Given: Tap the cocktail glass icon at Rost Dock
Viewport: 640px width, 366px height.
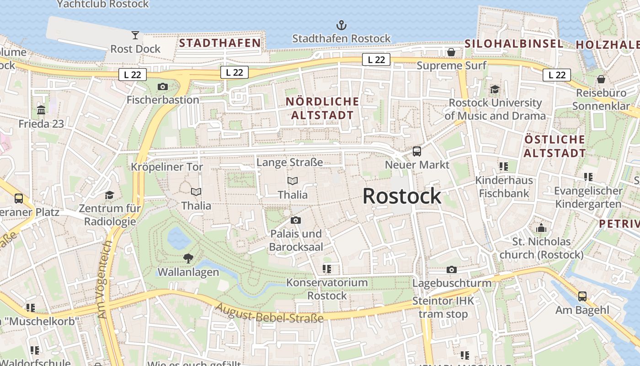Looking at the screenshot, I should point(135,35).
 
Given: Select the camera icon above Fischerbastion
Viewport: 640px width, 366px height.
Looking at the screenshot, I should point(162,86).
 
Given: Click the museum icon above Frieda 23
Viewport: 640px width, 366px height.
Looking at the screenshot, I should point(41,110).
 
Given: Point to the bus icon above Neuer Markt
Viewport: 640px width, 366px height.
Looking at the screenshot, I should point(416,151).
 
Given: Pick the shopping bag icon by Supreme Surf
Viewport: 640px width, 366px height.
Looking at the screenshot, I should point(451,52).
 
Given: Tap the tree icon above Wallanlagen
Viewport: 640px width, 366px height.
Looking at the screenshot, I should point(188,258).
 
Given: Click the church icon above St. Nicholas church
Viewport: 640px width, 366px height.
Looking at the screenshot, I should point(541,227).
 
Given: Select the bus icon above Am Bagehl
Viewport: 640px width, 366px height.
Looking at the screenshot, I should point(582,296).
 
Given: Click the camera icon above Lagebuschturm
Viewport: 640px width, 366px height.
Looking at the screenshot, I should point(452,269).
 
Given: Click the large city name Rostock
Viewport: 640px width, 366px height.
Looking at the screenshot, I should point(402,196).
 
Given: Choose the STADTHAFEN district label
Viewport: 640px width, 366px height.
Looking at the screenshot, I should point(219,43).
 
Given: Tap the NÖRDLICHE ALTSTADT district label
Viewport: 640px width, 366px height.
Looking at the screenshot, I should point(323,108).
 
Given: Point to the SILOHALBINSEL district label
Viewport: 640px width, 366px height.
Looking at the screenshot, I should point(514,44).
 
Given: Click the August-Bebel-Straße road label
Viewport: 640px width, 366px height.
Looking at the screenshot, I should point(270,313).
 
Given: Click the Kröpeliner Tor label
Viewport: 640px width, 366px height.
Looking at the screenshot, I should point(167,167).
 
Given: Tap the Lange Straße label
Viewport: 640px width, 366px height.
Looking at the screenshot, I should point(290,162).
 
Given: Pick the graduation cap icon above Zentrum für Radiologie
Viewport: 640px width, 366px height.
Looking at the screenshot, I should point(109,195).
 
